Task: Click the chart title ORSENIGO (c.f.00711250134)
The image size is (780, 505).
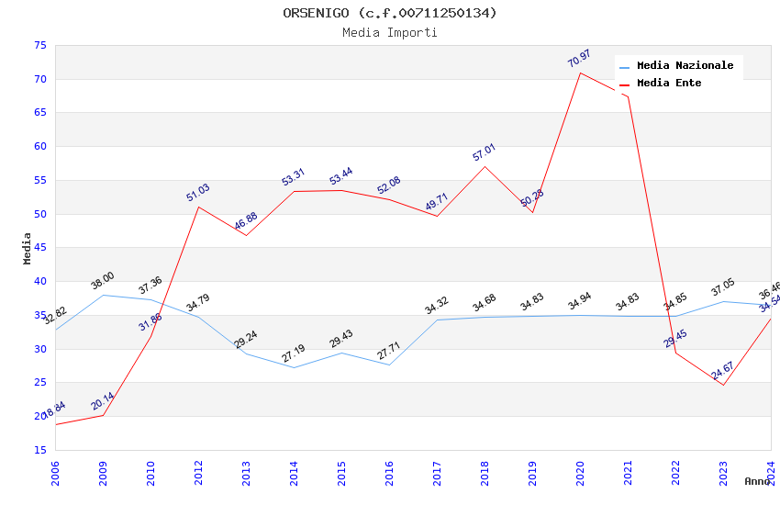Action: pos(389,13)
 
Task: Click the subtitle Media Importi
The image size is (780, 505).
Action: pos(389,33)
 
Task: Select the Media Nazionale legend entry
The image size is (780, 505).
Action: pos(685,66)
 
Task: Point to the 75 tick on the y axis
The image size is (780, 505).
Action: pos(39,46)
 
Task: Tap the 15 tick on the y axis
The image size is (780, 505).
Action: pos(39,450)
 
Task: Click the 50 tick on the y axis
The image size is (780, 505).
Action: pos(39,214)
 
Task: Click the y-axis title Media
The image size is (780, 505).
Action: pos(28,248)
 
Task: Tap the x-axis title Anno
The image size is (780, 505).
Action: pos(757,481)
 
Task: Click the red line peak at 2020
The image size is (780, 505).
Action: pos(580,73)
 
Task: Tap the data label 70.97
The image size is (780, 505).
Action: pos(579,59)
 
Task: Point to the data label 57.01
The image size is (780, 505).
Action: pos(484,152)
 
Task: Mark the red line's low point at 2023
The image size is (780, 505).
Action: pos(723,385)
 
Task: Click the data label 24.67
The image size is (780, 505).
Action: pos(722,372)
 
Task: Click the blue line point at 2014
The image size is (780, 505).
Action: pos(294,367)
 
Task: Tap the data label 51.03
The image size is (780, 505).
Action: pos(197,192)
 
